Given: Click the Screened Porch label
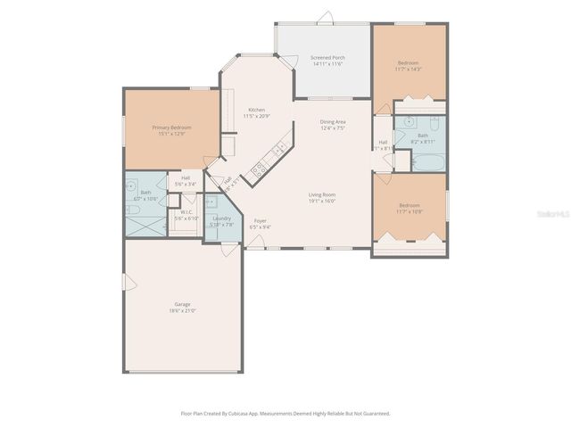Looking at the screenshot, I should [327, 58].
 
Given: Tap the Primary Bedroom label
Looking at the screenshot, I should [171, 128].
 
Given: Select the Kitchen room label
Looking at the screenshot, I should [256, 110].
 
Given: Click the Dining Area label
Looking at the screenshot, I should [332, 121].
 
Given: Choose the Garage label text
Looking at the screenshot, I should [182, 304].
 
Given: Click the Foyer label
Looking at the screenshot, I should [261, 220].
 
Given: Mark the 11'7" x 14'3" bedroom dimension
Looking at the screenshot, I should [408, 69].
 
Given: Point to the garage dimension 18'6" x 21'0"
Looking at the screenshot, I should [182, 311].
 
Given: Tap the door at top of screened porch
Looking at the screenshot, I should [326, 18].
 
